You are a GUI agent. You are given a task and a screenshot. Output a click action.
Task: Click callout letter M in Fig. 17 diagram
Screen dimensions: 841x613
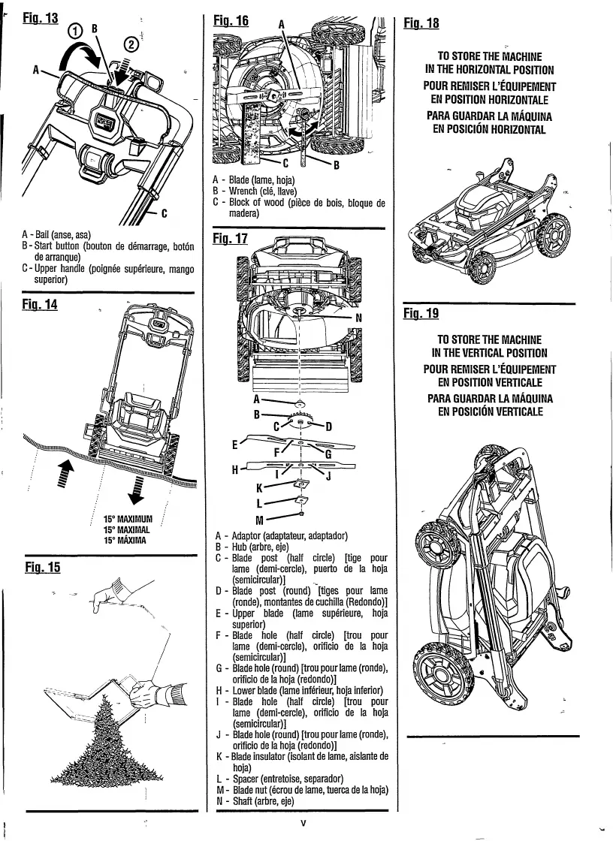pyautogui.click(x=260, y=520)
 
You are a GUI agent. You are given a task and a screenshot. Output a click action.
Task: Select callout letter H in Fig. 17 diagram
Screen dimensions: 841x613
pyautogui.click(x=234, y=470)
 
